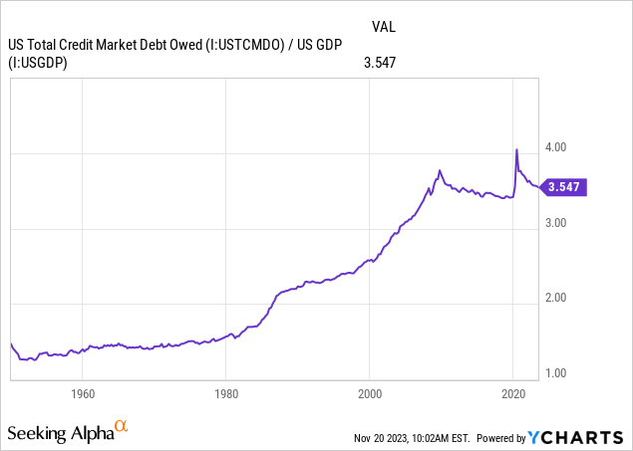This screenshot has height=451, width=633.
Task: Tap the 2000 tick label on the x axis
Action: [x=369, y=393]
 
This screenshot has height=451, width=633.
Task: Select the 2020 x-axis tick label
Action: [x=512, y=393]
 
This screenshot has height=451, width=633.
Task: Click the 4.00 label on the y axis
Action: [x=554, y=147]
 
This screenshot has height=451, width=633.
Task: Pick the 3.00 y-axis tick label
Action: [x=554, y=223]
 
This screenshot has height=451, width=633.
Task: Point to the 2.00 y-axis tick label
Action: [x=554, y=299]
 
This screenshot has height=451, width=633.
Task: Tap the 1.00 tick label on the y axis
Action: [x=554, y=374]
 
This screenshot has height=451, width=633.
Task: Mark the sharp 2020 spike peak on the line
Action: [x=516, y=150]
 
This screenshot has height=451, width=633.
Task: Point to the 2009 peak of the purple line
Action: [x=440, y=171]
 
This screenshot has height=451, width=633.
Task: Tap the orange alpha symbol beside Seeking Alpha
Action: [x=122, y=428]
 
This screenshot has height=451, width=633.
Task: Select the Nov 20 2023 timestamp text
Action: [x=412, y=438]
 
